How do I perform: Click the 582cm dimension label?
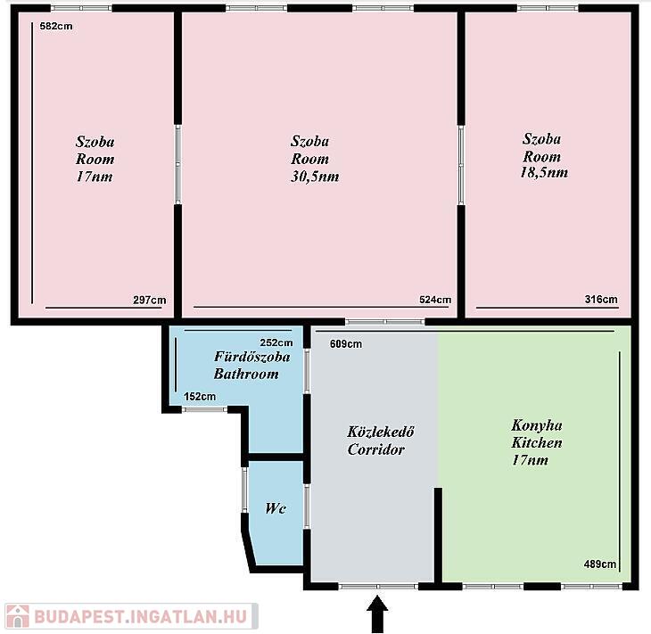[56, 26]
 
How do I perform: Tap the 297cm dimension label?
[150, 300]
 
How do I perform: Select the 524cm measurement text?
[435, 300]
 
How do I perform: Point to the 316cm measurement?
[601, 300]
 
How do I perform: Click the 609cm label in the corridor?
[346, 344]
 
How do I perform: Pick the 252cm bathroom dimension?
[276, 343]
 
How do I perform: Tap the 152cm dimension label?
[200, 397]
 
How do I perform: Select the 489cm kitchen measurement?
[600, 564]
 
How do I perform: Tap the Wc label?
[276, 508]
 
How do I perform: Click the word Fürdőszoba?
[252, 357]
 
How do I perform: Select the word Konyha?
[537, 425]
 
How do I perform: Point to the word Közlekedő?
[381, 432]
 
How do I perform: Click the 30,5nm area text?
[315, 177]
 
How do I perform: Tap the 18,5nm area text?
[544, 172]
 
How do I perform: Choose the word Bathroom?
[246, 375]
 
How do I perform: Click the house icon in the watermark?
[18, 616]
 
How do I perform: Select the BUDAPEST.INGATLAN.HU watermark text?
[141, 617]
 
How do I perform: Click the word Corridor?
[376, 449]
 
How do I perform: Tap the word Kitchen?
[537, 443]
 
